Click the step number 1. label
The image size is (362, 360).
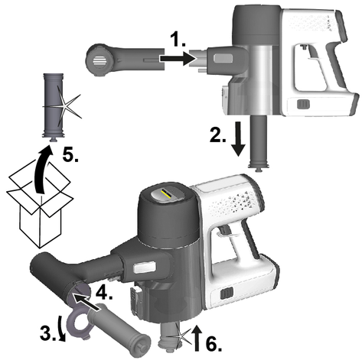pyautogui.click(x=178, y=41)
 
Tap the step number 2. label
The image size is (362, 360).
pyautogui.click(x=218, y=135)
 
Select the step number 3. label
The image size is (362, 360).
pyautogui.click(x=48, y=333)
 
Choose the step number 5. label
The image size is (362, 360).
pyautogui.click(x=70, y=155)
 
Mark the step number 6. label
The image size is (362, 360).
pyautogui.click(x=214, y=345)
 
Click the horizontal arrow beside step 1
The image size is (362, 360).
pyautogui.click(x=178, y=59)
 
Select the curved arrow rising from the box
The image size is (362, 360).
pyautogui.click(x=42, y=170)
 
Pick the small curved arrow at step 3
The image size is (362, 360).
pyautogui.click(x=62, y=328)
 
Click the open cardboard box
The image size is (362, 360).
pyautogui.click(x=40, y=205)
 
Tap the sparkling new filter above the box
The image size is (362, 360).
pyautogui.click(x=54, y=106)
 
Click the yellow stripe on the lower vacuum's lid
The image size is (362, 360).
pyautogui.click(x=166, y=193)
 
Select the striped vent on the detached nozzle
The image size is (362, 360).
pyautogui.click(x=99, y=60)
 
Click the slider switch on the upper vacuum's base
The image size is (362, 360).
pyautogui.click(x=303, y=105)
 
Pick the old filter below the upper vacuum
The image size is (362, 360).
pyautogui.click(x=259, y=144)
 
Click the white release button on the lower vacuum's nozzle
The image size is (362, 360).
pyautogui.click(x=145, y=267)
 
